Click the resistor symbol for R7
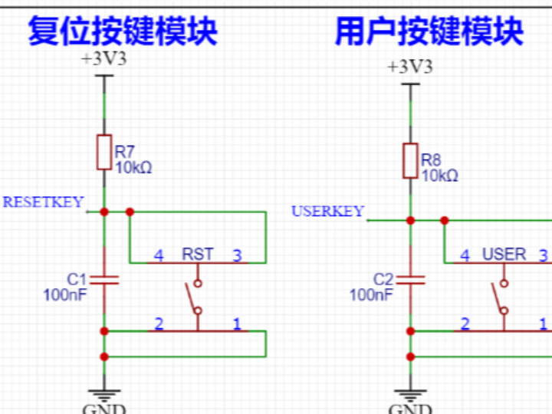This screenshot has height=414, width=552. [x=104, y=152]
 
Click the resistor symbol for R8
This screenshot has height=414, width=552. [x=410, y=160]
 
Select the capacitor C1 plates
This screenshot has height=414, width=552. [x=104, y=280]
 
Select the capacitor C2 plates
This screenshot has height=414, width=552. [x=410, y=280]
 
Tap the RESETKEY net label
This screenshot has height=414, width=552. [x=43, y=202]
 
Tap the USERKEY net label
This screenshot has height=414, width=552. [x=328, y=212]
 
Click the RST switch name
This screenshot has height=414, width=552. [x=198, y=255]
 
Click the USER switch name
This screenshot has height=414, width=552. [x=504, y=255]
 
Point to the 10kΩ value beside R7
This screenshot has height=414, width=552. [x=133, y=168]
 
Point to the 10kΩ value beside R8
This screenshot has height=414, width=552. [x=440, y=176]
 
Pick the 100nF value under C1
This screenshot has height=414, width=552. [x=64, y=295]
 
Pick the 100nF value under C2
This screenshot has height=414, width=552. [x=371, y=295]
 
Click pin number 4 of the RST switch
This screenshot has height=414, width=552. [x=159, y=255]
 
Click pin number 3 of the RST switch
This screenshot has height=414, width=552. [x=237, y=255]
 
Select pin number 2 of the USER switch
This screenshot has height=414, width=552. [x=465, y=324]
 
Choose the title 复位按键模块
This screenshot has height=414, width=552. [x=123, y=31]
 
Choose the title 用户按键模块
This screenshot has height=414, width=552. [x=429, y=31]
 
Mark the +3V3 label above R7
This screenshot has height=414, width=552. [x=104, y=59]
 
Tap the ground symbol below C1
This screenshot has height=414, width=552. [x=104, y=396]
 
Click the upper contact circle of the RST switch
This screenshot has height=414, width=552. [x=198, y=283]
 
